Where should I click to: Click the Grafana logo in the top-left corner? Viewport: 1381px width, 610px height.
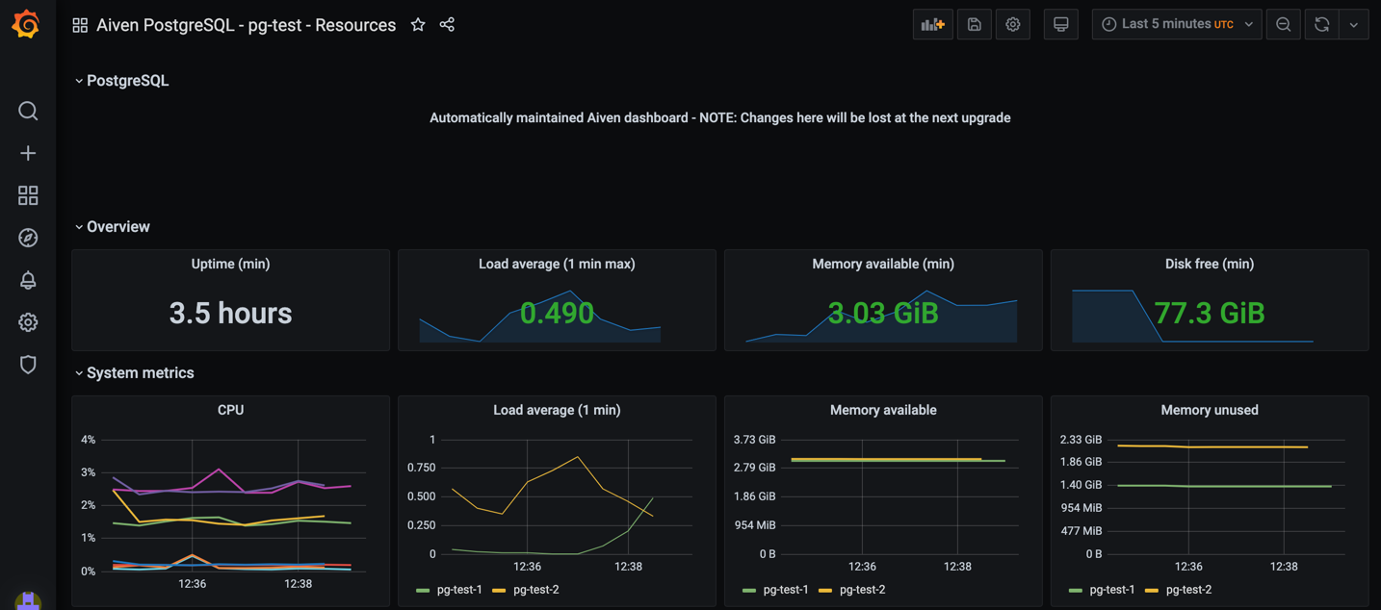pyautogui.click(x=26, y=24)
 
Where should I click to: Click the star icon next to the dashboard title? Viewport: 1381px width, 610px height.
pyautogui.click(x=418, y=25)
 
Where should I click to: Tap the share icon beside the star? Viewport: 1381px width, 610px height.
pyautogui.click(x=447, y=25)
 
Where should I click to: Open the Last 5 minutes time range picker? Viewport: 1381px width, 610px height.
pyautogui.click(x=1176, y=24)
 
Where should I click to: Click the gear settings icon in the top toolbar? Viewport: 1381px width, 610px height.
pyautogui.click(x=1012, y=25)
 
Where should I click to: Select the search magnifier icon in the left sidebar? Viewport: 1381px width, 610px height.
pyautogui.click(x=28, y=112)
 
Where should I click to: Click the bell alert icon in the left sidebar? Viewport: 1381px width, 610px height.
pyautogui.click(x=28, y=280)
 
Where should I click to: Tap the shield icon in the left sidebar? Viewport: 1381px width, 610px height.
pyautogui.click(x=28, y=365)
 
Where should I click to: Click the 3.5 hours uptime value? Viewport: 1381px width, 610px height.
pyautogui.click(x=230, y=314)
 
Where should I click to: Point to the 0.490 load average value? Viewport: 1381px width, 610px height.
pyautogui.click(x=557, y=314)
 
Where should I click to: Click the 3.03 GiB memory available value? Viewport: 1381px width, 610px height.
pyautogui.click(x=882, y=314)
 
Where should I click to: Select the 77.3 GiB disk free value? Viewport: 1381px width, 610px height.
pyautogui.click(x=1209, y=314)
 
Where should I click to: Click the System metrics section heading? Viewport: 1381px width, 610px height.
pyautogui.click(x=140, y=373)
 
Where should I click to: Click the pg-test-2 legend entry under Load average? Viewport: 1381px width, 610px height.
pyautogui.click(x=535, y=590)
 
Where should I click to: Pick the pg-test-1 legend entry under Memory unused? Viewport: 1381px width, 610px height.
pyautogui.click(x=1111, y=590)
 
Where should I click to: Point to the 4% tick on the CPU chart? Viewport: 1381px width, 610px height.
pyautogui.click(x=88, y=440)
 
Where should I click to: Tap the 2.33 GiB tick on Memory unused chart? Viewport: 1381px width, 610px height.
pyautogui.click(x=1081, y=440)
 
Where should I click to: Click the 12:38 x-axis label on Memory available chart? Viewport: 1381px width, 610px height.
pyautogui.click(x=956, y=567)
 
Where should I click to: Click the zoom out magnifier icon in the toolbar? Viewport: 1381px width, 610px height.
pyautogui.click(x=1283, y=25)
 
